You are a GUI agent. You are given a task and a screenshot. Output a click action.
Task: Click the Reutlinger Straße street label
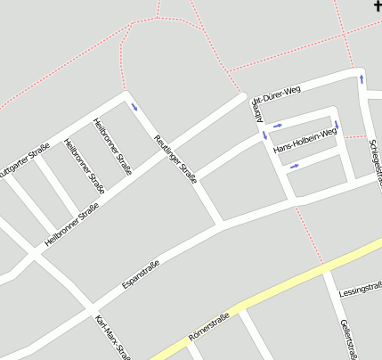coord(175,159)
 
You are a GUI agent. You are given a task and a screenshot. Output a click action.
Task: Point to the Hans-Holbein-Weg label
coord(305,140)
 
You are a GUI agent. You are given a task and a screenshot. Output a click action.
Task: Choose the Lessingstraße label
coord(360,290)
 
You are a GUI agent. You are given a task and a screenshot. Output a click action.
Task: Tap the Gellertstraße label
coord(348,340)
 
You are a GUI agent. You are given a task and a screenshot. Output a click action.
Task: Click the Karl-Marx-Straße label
coord(113,338)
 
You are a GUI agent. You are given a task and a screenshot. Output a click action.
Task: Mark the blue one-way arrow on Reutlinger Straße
coord(134,107)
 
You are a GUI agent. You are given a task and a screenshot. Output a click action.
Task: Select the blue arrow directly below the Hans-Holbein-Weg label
coord(295,165)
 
